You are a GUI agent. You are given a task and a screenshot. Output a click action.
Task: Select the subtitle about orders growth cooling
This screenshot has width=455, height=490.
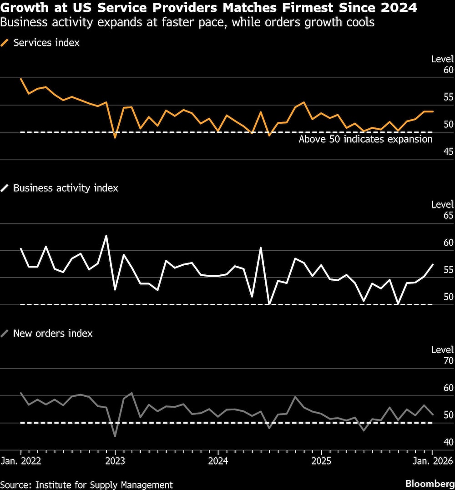187,22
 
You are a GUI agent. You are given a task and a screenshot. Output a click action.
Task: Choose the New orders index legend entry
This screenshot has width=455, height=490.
53,333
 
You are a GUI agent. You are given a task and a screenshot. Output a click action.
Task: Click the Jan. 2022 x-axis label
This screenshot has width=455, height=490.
21,460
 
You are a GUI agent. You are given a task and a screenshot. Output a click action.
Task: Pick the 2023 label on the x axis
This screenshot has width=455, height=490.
115,460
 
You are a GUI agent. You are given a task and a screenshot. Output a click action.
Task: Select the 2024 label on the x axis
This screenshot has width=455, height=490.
218,460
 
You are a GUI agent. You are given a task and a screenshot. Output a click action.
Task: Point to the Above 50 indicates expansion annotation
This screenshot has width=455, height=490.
365,139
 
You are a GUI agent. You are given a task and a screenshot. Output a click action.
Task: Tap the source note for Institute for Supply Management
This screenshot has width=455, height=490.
86,485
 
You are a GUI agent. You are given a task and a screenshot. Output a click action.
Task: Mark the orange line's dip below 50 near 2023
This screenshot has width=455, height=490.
115,137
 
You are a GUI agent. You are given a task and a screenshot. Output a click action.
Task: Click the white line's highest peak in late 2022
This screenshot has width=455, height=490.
106,236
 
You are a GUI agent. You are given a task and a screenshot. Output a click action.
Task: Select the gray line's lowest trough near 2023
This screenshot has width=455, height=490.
115,436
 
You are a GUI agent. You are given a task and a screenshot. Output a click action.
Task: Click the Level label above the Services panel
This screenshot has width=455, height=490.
442,59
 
